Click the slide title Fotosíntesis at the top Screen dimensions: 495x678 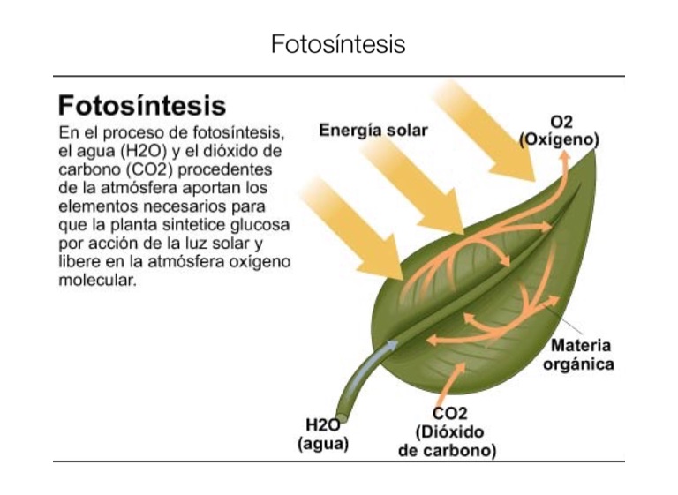(338, 44)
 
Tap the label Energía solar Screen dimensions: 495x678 (373, 131)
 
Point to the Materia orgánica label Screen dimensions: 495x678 (580, 354)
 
